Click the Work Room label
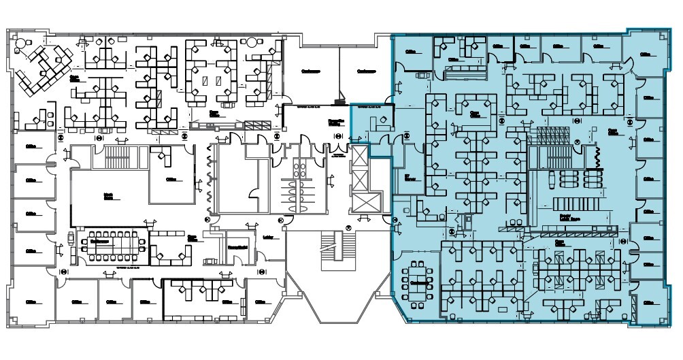pyautogui.click(x=107, y=195)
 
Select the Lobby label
pyautogui.click(x=268, y=238)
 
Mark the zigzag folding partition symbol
pyautogui.click(x=598, y=158)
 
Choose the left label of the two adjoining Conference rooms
pyautogui.click(x=311, y=71)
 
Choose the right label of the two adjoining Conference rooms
pyautogui.click(x=367, y=71)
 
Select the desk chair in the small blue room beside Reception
pyautogui.click(x=383, y=120)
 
